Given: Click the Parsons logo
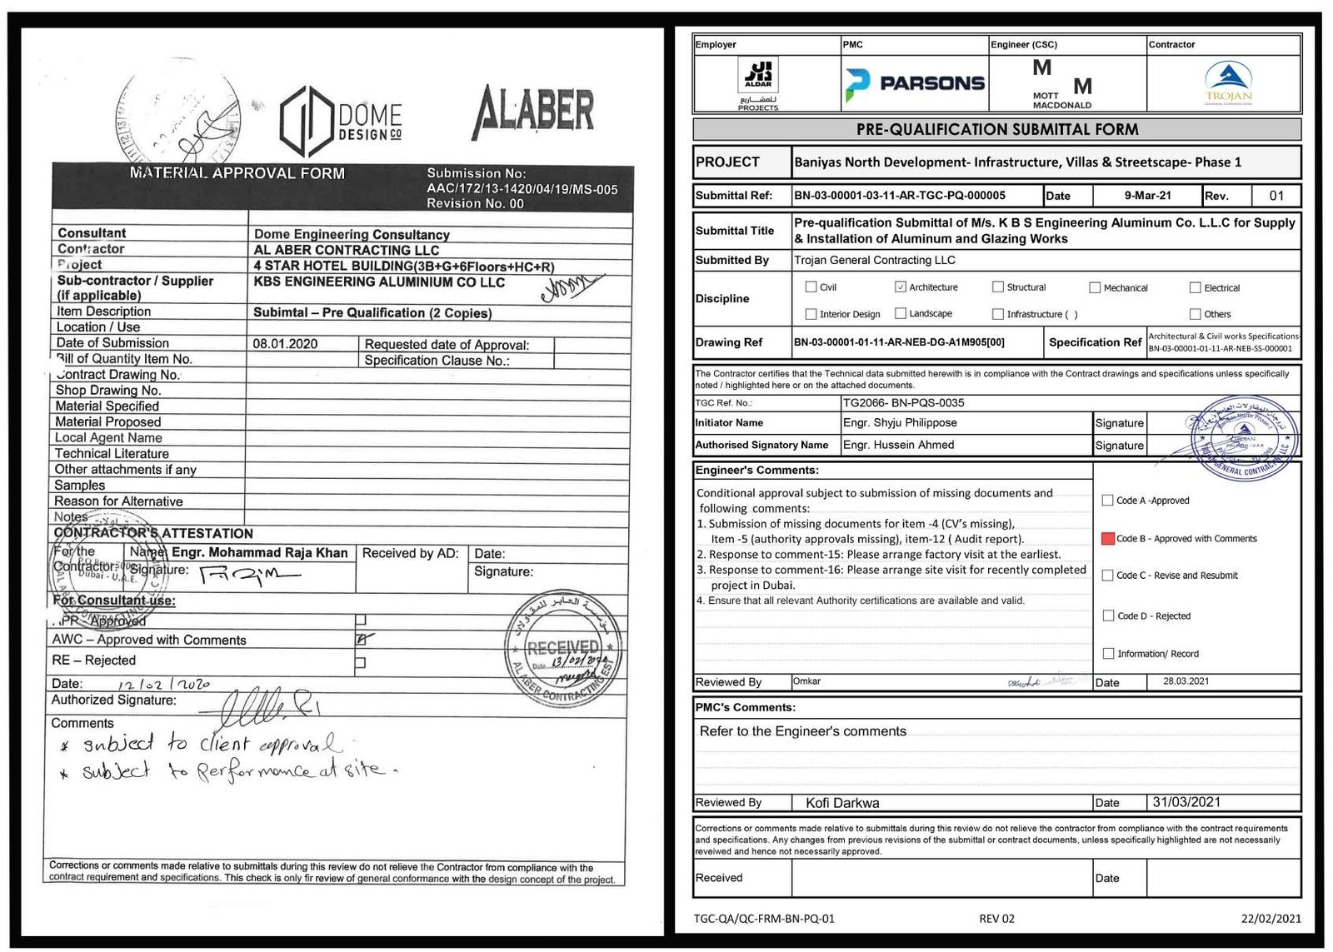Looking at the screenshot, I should [914, 83].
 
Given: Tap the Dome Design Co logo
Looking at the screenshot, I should [342, 122].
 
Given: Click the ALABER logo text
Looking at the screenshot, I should [534, 112].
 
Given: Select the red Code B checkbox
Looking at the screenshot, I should [1107, 539].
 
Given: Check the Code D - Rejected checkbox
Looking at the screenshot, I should [1108, 616].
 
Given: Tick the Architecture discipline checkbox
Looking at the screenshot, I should [900, 287].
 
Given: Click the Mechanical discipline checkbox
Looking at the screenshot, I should [1095, 288].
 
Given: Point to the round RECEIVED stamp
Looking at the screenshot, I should [563, 649].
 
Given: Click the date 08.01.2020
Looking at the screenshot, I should [285, 344].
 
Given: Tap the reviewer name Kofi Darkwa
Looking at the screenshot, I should [841, 803].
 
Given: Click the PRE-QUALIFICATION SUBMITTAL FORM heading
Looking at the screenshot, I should [996, 130].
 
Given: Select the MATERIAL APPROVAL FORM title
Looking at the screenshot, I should [237, 173].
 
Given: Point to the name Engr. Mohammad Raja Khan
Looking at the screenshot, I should [259, 553].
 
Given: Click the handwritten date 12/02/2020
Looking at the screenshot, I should [163, 685].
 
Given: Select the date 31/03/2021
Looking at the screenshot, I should [1186, 802].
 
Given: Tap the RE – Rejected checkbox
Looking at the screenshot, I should [360, 663].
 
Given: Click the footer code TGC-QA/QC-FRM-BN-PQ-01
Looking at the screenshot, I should [764, 919].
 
